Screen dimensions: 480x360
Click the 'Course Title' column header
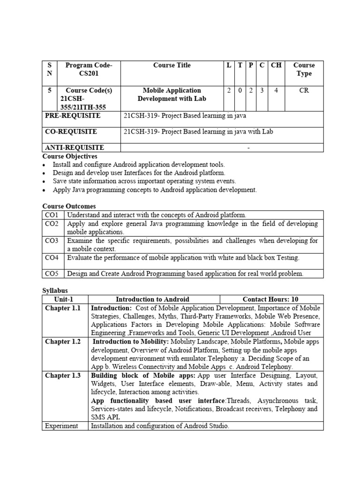point(172,66)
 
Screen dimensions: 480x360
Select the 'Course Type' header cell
point(304,69)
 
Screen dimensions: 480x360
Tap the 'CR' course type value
point(304,90)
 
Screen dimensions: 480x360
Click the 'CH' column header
point(276,66)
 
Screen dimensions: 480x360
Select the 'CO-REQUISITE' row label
point(71,132)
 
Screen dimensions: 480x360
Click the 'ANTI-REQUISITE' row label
point(74,148)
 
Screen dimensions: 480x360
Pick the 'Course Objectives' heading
point(70,156)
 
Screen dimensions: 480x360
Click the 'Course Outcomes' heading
point(69,206)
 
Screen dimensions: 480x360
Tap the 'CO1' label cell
point(52,215)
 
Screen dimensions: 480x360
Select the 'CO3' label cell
point(52,241)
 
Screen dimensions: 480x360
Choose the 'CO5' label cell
point(52,273)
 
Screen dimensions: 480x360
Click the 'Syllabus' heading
point(55,291)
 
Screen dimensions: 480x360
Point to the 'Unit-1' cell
point(64,299)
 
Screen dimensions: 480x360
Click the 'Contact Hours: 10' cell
point(270,299)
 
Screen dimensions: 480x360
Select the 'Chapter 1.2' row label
point(63,342)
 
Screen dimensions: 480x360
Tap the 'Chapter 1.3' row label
point(63,375)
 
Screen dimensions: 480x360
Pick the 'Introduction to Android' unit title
point(153,299)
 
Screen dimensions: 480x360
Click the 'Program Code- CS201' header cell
point(89,69)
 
